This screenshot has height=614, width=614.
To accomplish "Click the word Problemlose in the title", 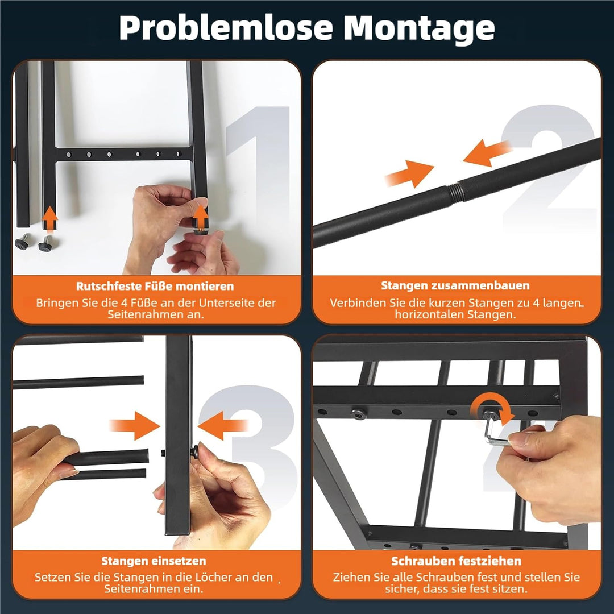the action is tap(226, 28).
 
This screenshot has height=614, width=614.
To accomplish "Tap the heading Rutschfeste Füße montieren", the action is tap(155, 286).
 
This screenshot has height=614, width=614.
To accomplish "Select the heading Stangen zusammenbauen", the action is tap(455, 285).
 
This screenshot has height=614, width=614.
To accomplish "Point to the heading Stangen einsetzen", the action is tap(154, 561).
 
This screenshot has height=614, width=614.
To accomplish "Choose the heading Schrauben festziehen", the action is tap(456, 561).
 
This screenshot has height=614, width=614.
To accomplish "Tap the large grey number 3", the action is tap(251, 446).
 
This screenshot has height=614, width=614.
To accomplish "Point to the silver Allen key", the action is tap(494, 431).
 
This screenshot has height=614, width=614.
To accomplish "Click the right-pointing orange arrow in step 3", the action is tap(135, 426).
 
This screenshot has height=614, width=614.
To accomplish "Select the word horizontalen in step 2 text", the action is tap(430, 315).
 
